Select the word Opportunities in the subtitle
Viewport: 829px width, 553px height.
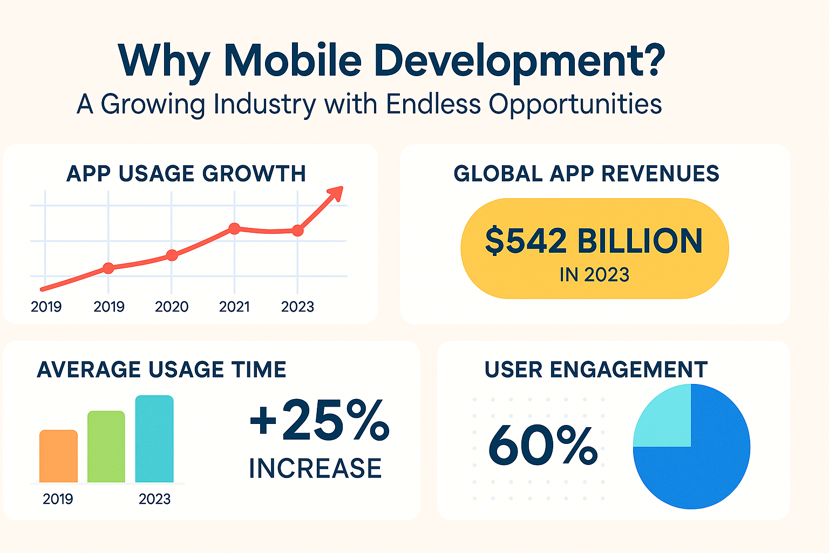(x=575, y=104)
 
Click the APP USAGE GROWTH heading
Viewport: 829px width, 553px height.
(x=186, y=174)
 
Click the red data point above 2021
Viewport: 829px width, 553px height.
(x=234, y=228)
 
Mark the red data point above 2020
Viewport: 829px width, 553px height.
(x=172, y=255)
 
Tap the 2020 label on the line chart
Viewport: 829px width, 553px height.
(x=172, y=307)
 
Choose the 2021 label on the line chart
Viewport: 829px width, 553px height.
(x=234, y=307)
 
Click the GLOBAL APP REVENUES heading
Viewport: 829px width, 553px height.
(x=586, y=174)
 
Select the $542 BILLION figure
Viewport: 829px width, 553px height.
(x=594, y=241)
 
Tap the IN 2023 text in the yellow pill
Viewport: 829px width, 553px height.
(x=594, y=275)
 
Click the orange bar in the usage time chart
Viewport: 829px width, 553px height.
(x=58, y=456)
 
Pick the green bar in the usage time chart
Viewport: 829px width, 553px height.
(x=106, y=447)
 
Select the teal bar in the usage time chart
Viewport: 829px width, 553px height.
(x=154, y=439)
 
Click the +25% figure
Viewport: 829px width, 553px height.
(x=319, y=419)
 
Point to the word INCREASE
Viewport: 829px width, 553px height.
(x=315, y=468)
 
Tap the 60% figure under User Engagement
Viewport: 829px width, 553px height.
(x=542, y=446)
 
